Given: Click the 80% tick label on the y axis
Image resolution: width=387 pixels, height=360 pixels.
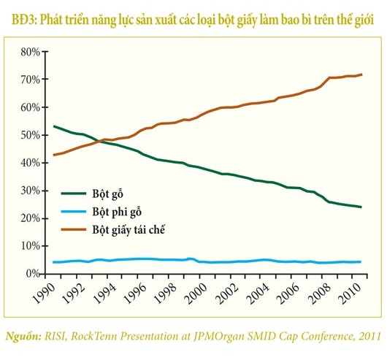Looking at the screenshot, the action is pyautogui.click(x=31, y=53).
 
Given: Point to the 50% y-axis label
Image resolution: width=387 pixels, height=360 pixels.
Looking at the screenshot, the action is pyautogui.click(x=31, y=136).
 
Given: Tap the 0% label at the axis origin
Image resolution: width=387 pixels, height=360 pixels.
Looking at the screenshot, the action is pyautogui.click(x=33, y=274).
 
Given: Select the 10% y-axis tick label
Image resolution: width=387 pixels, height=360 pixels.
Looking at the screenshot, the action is pyautogui.click(x=31, y=246).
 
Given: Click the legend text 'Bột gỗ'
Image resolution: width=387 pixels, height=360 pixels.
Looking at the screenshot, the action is pyautogui.click(x=107, y=194).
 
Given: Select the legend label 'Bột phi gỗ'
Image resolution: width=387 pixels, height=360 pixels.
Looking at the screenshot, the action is pyautogui.click(x=117, y=212).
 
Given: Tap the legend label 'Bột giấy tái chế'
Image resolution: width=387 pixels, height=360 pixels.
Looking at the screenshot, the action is pyautogui.click(x=129, y=230).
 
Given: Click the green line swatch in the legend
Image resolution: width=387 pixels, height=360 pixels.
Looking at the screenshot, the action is pyautogui.click(x=74, y=194).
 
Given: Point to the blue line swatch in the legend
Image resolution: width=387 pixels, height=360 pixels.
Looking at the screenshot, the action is pyautogui.click(x=74, y=212).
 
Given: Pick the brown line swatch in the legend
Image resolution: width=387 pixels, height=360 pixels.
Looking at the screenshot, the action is pyautogui.click(x=74, y=229).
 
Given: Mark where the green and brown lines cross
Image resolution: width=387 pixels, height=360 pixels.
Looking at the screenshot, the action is pyautogui.click(x=99, y=142).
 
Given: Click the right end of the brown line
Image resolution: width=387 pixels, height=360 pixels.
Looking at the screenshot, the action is pyautogui.click(x=361, y=74).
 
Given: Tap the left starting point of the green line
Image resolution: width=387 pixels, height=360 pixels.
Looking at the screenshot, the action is pyautogui.click(x=54, y=126).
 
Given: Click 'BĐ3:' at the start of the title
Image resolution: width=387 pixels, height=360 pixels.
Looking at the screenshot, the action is pyautogui.click(x=24, y=20).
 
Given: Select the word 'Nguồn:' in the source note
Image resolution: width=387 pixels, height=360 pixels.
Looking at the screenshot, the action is pyautogui.click(x=23, y=336).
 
